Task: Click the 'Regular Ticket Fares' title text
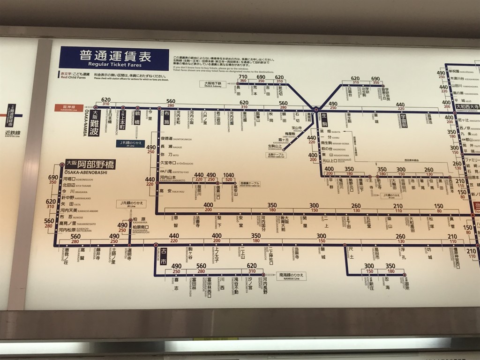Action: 114,65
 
